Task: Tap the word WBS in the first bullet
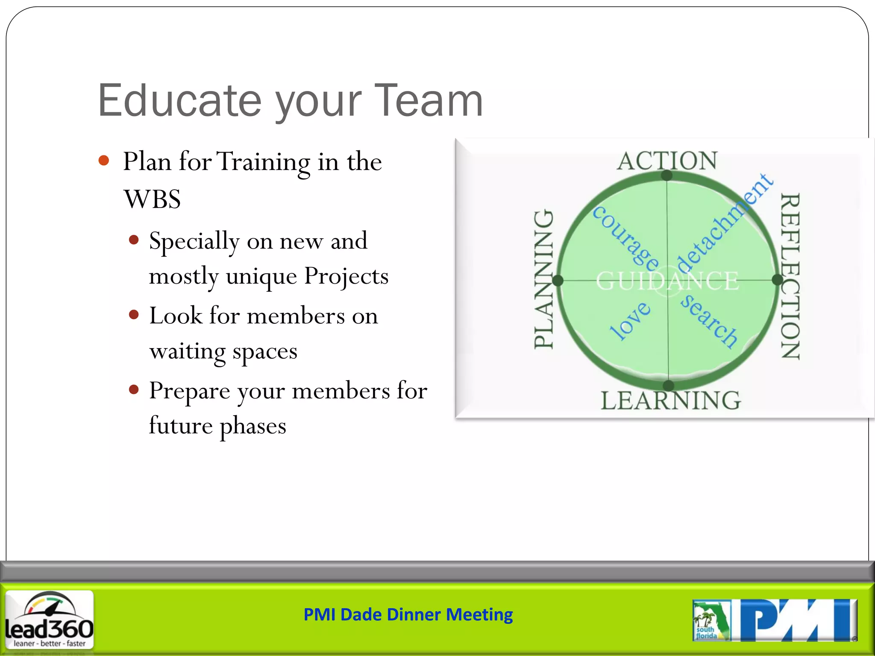(x=152, y=199)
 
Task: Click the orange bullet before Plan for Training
(x=104, y=161)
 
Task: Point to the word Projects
(x=346, y=276)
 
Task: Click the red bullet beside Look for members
(x=134, y=315)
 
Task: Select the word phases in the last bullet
(x=253, y=426)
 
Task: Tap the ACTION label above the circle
(x=667, y=161)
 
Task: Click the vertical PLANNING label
(x=544, y=279)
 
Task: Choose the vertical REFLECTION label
(x=790, y=277)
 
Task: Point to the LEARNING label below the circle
(x=670, y=401)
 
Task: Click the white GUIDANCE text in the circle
(x=667, y=281)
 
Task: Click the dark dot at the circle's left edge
(x=558, y=281)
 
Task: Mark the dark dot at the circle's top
(x=667, y=175)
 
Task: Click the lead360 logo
(x=49, y=619)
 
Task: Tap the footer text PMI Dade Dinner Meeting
(x=408, y=615)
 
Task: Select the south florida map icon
(x=711, y=621)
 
